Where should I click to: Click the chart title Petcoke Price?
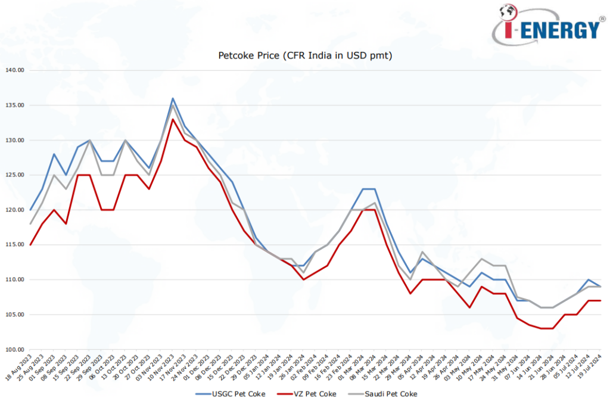(x=305, y=55)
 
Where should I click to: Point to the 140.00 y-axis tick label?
(x=14, y=70)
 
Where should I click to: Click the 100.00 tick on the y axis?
(x=14, y=349)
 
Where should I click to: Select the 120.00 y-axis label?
(x=14, y=210)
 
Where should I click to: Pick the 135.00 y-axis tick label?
(x=14, y=105)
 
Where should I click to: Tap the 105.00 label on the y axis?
(x=14, y=315)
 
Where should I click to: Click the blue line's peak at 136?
(x=173, y=98)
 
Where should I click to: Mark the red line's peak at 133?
(x=173, y=119)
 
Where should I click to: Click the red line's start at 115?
(x=30, y=245)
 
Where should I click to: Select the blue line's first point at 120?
(x=30, y=210)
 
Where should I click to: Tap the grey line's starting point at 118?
(x=30, y=224)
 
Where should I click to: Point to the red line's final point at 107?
(x=600, y=300)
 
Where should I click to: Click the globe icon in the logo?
(x=507, y=12)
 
